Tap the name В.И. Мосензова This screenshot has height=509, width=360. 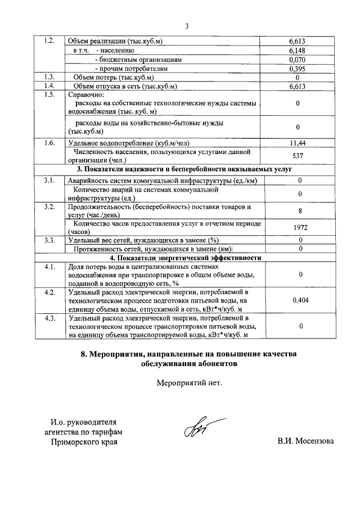pos(305,441)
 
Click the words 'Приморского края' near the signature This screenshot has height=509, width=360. pos(84,442)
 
